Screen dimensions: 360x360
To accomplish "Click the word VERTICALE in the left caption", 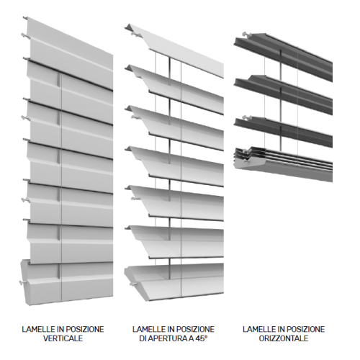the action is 63,338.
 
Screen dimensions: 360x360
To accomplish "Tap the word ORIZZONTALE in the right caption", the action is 284,338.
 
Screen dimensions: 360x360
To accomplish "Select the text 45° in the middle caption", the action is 202,338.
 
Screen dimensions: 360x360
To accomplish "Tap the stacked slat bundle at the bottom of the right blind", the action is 283,163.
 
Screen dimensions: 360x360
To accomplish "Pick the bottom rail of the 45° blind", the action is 174,282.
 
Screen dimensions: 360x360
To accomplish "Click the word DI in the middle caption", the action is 143,338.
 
